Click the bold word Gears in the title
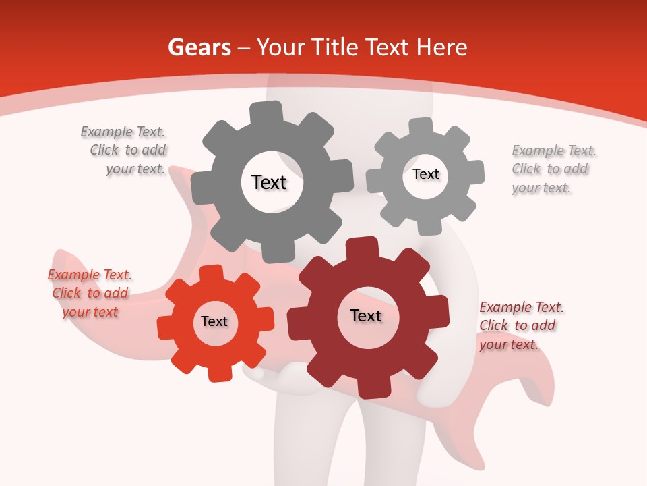pos(199,47)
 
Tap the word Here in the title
pos(442,47)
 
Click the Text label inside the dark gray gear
pos(269,182)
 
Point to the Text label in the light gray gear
pos(426,174)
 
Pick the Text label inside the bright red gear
pos(214,321)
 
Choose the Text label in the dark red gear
pos(366,315)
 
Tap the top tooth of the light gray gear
pos(421,127)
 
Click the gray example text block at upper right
pos(553,169)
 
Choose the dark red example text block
pos(520,325)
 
